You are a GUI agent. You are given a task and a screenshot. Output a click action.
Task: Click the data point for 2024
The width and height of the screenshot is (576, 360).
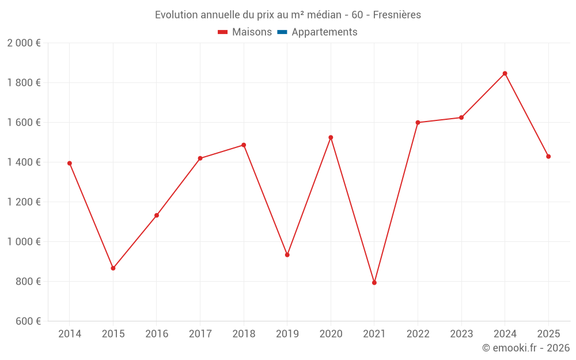pyautogui.click(x=505, y=73)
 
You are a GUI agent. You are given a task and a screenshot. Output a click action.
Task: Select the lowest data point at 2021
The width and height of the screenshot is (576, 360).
pyautogui.click(x=374, y=283)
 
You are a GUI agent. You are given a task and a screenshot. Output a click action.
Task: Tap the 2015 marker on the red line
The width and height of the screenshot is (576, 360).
pyautogui.click(x=113, y=268)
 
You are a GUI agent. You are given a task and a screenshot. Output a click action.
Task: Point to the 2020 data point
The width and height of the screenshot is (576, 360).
pyautogui.click(x=331, y=137)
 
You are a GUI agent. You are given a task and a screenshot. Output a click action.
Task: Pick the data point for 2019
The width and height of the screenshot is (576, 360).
pyautogui.click(x=287, y=255)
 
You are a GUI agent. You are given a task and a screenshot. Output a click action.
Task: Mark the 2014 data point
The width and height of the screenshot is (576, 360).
pyautogui.click(x=70, y=163)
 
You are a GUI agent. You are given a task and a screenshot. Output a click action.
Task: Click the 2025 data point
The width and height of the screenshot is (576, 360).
pyautogui.click(x=548, y=156)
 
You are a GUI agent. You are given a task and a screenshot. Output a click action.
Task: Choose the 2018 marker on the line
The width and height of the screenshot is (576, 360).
pyautogui.click(x=244, y=145)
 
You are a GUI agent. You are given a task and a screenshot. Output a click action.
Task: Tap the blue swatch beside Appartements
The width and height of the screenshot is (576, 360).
pyautogui.click(x=282, y=32)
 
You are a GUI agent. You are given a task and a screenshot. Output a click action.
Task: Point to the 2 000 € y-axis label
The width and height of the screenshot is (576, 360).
pyautogui.click(x=24, y=43)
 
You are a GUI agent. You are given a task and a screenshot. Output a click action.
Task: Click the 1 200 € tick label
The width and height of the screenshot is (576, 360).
pyautogui.click(x=24, y=202)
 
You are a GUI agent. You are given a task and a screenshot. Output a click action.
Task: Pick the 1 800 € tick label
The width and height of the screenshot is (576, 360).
pyautogui.click(x=24, y=83)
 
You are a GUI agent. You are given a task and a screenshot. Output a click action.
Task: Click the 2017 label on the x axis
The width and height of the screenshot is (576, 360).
pyautogui.click(x=200, y=334)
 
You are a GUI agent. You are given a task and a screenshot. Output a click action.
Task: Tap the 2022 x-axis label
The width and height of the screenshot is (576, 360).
pyautogui.click(x=418, y=334)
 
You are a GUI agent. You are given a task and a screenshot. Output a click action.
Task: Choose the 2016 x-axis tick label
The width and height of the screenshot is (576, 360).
pyautogui.click(x=157, y=334)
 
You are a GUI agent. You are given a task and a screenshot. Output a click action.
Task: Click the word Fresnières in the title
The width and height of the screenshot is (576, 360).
pyautogui.click(x=397, y=15)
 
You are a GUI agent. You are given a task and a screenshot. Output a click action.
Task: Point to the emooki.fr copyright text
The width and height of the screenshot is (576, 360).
pyautogui.click(x=526, y=348)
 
